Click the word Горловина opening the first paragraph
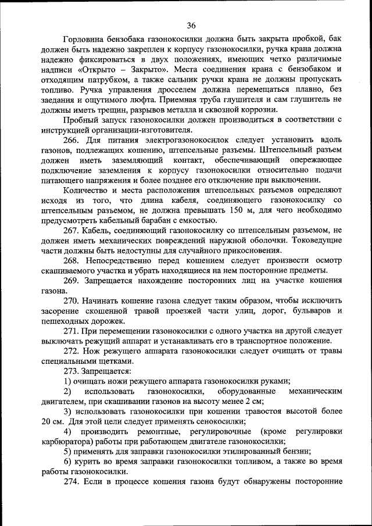point(84,38)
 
